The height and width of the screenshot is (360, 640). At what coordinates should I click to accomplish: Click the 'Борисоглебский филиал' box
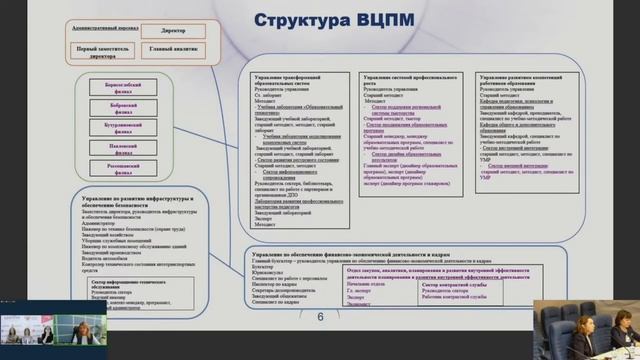click(x=124, y=90)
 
